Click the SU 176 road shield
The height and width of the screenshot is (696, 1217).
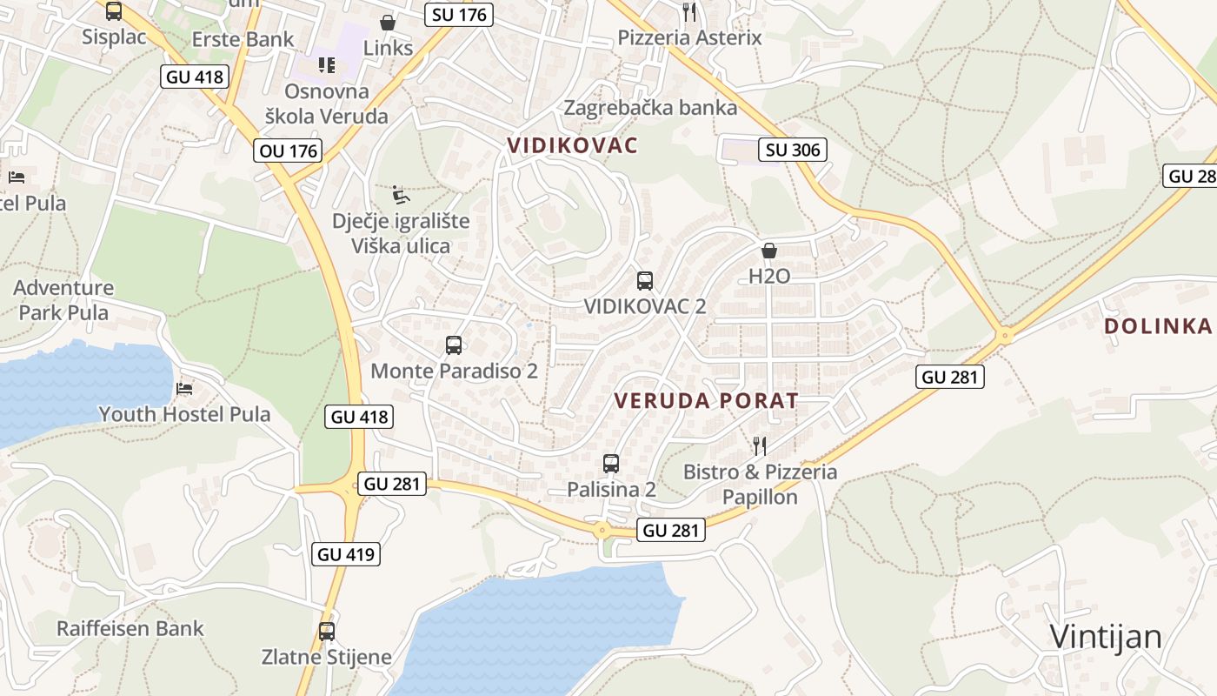(460, 14)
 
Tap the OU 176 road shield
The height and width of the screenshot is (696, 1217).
(289, 151)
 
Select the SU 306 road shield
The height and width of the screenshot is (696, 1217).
(793, 150)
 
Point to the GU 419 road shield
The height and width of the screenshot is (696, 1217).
(347, 553)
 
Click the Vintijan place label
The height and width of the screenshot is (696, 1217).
(1105, 637)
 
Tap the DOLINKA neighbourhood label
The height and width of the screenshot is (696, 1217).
(1157, 326)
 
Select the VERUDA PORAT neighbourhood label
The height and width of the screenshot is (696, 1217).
(706, 401)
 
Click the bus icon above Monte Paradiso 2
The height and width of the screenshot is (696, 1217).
(454, 345)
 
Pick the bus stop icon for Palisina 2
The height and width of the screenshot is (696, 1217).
(611, 463)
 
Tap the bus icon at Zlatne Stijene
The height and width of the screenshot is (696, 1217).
(327, 631)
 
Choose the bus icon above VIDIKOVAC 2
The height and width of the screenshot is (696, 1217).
(644, 280)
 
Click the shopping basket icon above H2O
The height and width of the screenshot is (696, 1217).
(769, 251)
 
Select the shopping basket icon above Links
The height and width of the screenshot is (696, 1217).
(388, 23)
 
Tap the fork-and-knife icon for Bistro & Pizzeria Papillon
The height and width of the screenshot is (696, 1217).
(760, 446)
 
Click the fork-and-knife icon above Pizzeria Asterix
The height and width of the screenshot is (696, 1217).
(689, 11)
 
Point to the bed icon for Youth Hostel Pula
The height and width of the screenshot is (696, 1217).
(184, 388)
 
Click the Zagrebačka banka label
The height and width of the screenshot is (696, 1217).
(650, 108)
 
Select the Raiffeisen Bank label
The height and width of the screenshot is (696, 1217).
(130, 628)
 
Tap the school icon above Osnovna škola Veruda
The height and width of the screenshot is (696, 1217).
(327, 64)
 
